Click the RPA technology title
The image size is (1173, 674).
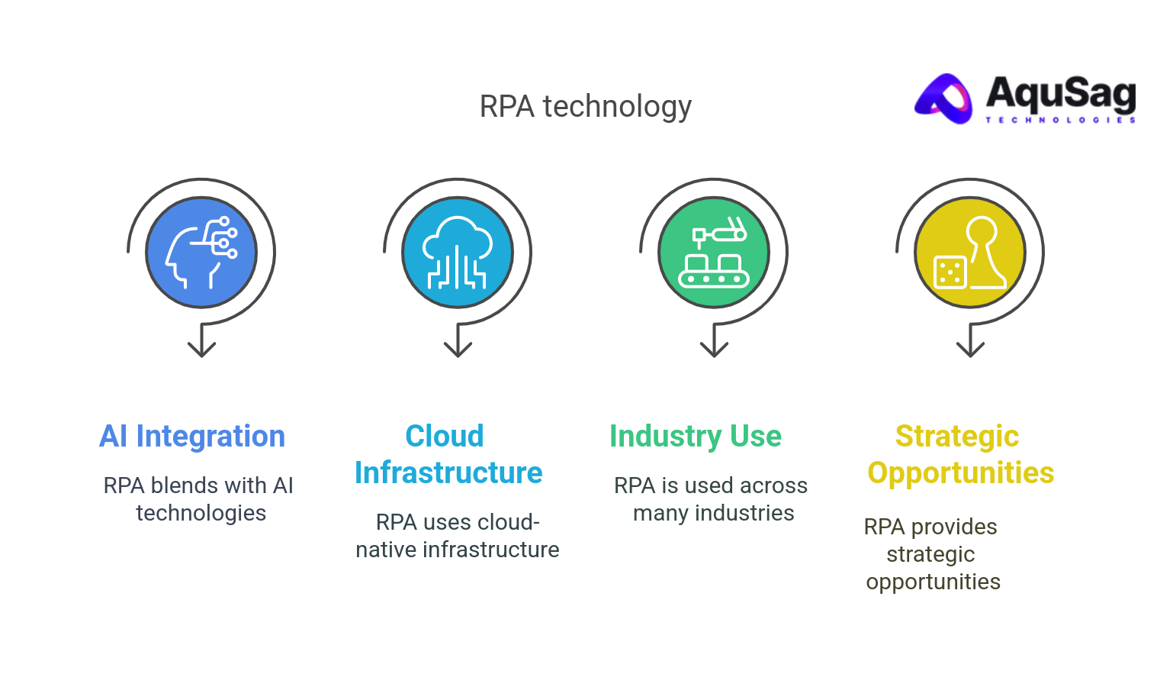(x=585, y=107)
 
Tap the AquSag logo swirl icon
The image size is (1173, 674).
(x=945, y=98)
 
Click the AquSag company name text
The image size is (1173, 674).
(x=1060, y=93)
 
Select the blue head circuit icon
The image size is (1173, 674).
(x=201, y=252)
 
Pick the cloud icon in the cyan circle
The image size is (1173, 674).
(x=458, y=252)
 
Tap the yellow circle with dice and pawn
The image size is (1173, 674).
(x=970, y=252)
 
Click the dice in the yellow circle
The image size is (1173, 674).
(x=950, y=273)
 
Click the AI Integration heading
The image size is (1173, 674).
(x=192, y=437)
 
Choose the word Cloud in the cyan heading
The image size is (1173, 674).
(x=444, y=437)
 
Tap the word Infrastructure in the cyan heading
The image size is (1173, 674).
(x=448, y=473)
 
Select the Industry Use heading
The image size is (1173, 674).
(x=696, y=437)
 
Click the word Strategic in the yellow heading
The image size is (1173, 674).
(x=956, y=437)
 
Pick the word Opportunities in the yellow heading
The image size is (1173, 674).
(x=960, y=473)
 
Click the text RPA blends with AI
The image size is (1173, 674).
(x=198, y=485)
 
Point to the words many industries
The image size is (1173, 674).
(x=713, y=513)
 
